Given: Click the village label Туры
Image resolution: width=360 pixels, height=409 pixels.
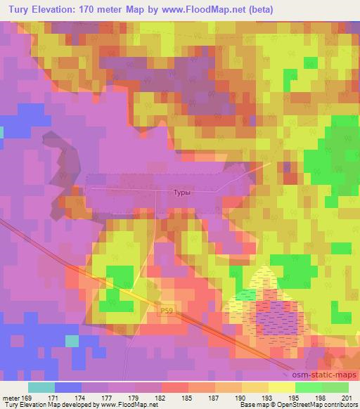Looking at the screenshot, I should pyautogui.click(x=181, y=190).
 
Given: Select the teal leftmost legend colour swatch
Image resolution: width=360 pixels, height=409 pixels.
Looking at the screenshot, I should pyautogui.click(x=41, y=387).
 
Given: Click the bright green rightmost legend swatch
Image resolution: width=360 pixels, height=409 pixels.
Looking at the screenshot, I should pyautogui.click(x=335, y=387).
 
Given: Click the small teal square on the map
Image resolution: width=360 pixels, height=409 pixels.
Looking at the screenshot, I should pyautogui.click(x=72, y=340).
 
